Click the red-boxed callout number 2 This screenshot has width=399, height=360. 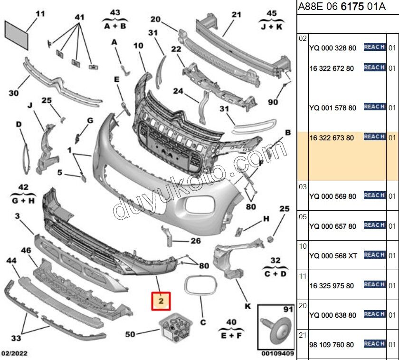click(x=161, y=301)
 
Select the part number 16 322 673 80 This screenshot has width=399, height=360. click(x=332, y=138)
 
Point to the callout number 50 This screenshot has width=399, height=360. click(x=130, y=334)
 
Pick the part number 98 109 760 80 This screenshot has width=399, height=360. click(x=332, y=344)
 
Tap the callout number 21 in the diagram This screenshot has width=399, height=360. click(x=237, y=15)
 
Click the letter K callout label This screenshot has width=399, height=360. click(x=247, y=306)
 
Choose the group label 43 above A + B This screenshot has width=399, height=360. click(x=115, y=12)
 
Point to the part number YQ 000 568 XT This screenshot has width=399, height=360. click(x=333, y=256)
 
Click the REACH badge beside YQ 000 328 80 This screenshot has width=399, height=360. click(x=374, y=47)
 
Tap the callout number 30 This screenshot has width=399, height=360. click(x=14, y=93)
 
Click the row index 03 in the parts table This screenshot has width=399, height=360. click(x=303, y=187)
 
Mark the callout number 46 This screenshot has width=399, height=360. click(x=26, y=250)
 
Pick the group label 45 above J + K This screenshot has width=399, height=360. click(x=271, y=13)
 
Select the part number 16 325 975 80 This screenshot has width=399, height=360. click(x=332, y=286)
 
